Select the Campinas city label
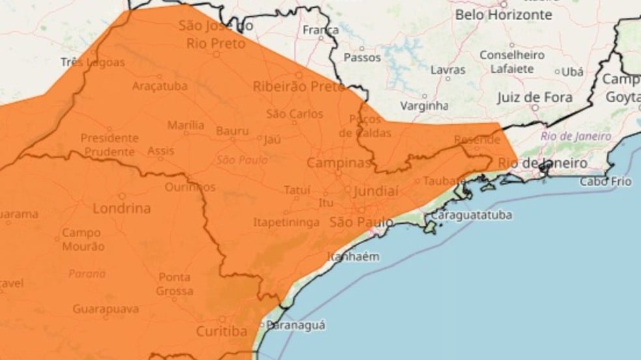point(338,162)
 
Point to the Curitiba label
point(222,331)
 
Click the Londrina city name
point(121,209)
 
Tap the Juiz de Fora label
point(534,98)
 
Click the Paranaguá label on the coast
point(296,325)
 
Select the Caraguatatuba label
point(471,215)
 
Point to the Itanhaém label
point(352,256)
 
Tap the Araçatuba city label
point(160,86)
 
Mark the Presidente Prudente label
point(109,145)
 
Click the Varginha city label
point(424,105)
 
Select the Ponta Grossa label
point(175,284)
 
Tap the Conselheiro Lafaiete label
point(512,61)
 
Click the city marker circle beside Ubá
point(558,72)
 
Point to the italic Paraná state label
point(87,274)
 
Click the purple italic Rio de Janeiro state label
point(576,137)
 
